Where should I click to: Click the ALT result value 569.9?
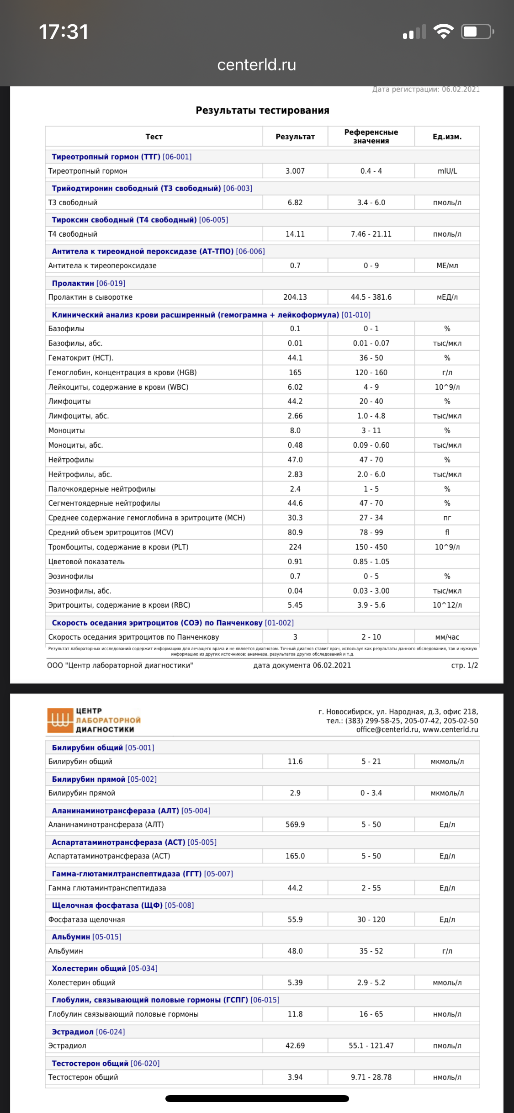click(x=295, y=824)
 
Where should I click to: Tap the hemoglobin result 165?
click(x=295, y=372)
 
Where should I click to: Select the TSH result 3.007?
click(x=295, y=171)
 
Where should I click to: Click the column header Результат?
click(x=295, y=137)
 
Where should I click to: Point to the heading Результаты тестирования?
click(x=262, y=110)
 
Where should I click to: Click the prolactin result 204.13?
click(x=295, y=297)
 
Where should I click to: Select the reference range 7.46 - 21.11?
click(x=371, y=234)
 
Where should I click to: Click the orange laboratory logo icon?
click(x=60, y=720)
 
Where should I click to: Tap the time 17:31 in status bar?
click(x=64, y=32)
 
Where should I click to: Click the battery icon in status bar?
click(x=477, y=32)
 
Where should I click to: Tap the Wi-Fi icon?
click(x=443, y=32)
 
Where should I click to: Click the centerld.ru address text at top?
click(x=257, y=65)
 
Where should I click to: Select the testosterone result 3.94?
click(x=295, y=1077)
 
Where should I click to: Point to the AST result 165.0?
click(x=295, y=856)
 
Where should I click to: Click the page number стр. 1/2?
click(x=464, y=665)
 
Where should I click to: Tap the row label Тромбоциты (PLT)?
click(x=118, y=547)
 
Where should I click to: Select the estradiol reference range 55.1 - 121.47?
click(x=371, y=1045)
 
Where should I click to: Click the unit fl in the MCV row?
click(x=447, y=532)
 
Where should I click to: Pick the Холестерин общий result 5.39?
click(x=295, y=982)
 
